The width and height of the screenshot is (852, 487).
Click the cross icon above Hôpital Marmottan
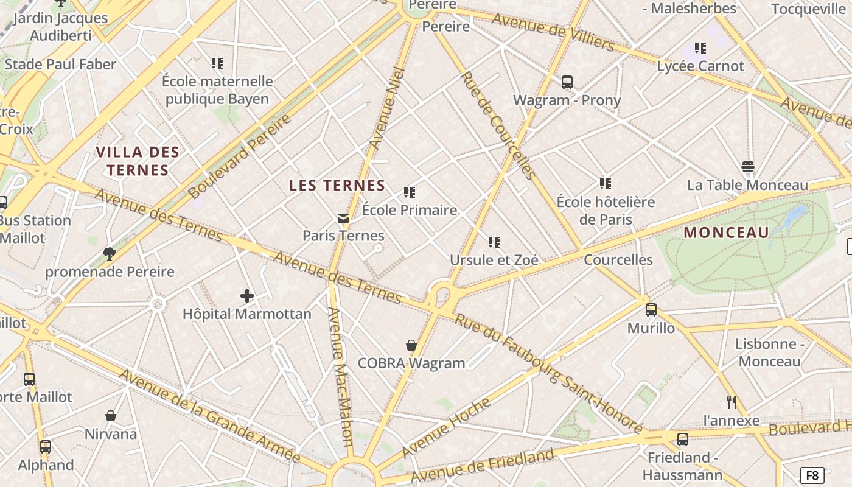pyautogui.click(x=246, y=296)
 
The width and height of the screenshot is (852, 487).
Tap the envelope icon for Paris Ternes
pyautogui.click(x=343, y=218)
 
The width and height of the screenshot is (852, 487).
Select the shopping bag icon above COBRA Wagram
pyautogui.click(x=411, y=345)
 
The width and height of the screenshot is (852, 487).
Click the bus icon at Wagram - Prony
pyautogui.click(x=567, y=82)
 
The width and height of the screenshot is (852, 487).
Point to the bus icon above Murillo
pyautogui.click(x=651, y=310)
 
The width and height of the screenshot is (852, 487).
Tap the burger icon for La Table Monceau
pyautogui.click(x=748, y=167)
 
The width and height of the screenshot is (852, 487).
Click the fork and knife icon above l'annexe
pyautogui.click(x=732, y=402)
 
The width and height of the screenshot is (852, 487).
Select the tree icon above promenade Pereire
pyautogui.click(x=110, y=254)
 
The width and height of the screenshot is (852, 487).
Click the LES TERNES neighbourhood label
pyautogui.click(x=337, y=186)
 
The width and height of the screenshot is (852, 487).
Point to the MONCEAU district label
pyautogui.click(x=727, y=233)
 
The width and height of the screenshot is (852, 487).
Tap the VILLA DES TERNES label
pyautogui.click(x=138, y=161)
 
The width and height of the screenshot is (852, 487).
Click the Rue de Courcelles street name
pyautogui.click(x=498, y=125)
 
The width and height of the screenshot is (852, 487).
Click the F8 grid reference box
pyautogui.click(x=812, y=475)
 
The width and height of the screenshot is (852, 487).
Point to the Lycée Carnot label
pyautogui.click(x=700, y=66)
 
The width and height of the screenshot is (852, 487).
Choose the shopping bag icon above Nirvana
pyautogui.click(x=111, y=416)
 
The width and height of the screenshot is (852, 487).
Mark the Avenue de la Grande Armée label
pyautogui.click(x=209, y=416)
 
